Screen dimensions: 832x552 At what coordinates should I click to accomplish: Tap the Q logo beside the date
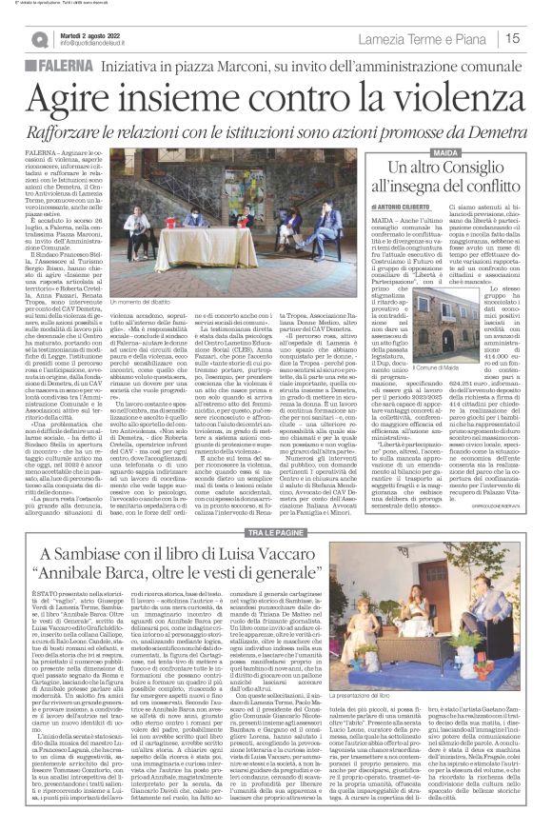tap(40, 38)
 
